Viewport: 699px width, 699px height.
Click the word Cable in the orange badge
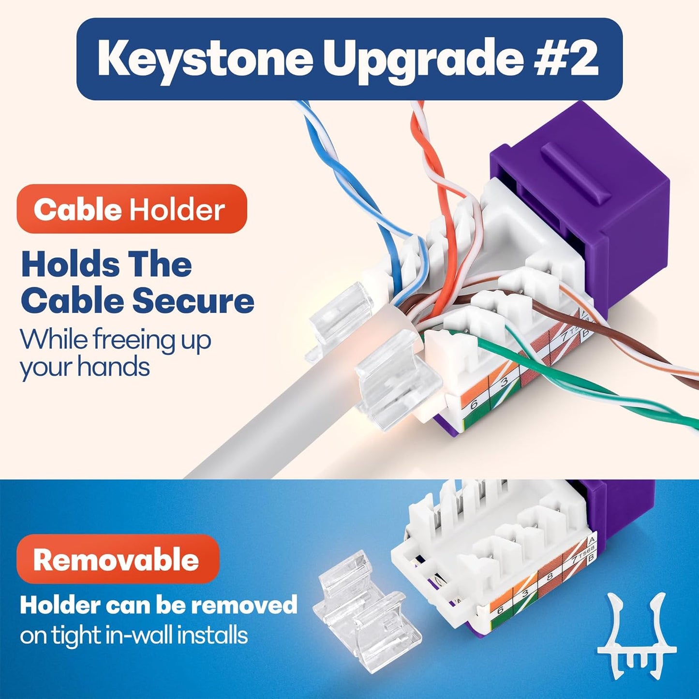coord(77,210)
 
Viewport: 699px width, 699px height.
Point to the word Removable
coord(116,560)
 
